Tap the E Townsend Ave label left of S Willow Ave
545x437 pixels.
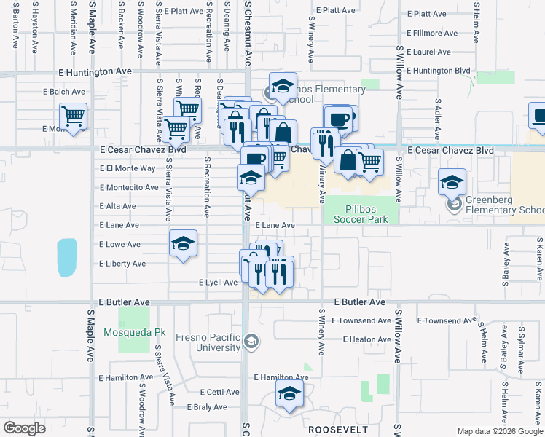tap(361, 320)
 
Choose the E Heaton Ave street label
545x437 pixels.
tap(361, 339)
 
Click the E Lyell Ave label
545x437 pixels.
tap(218, 282)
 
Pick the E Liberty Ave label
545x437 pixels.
tap(122, 264)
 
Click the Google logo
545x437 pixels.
tap(24, 428)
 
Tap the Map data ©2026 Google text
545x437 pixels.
tap(499, 432)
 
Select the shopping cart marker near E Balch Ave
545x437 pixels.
tap(73, 115)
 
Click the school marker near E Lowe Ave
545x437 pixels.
tap(183, 243)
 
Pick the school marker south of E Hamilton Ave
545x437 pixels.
tap(289, 395)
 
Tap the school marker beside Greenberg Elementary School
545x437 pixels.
tap(452, 182)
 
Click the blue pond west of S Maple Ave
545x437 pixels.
tap(66, 257)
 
